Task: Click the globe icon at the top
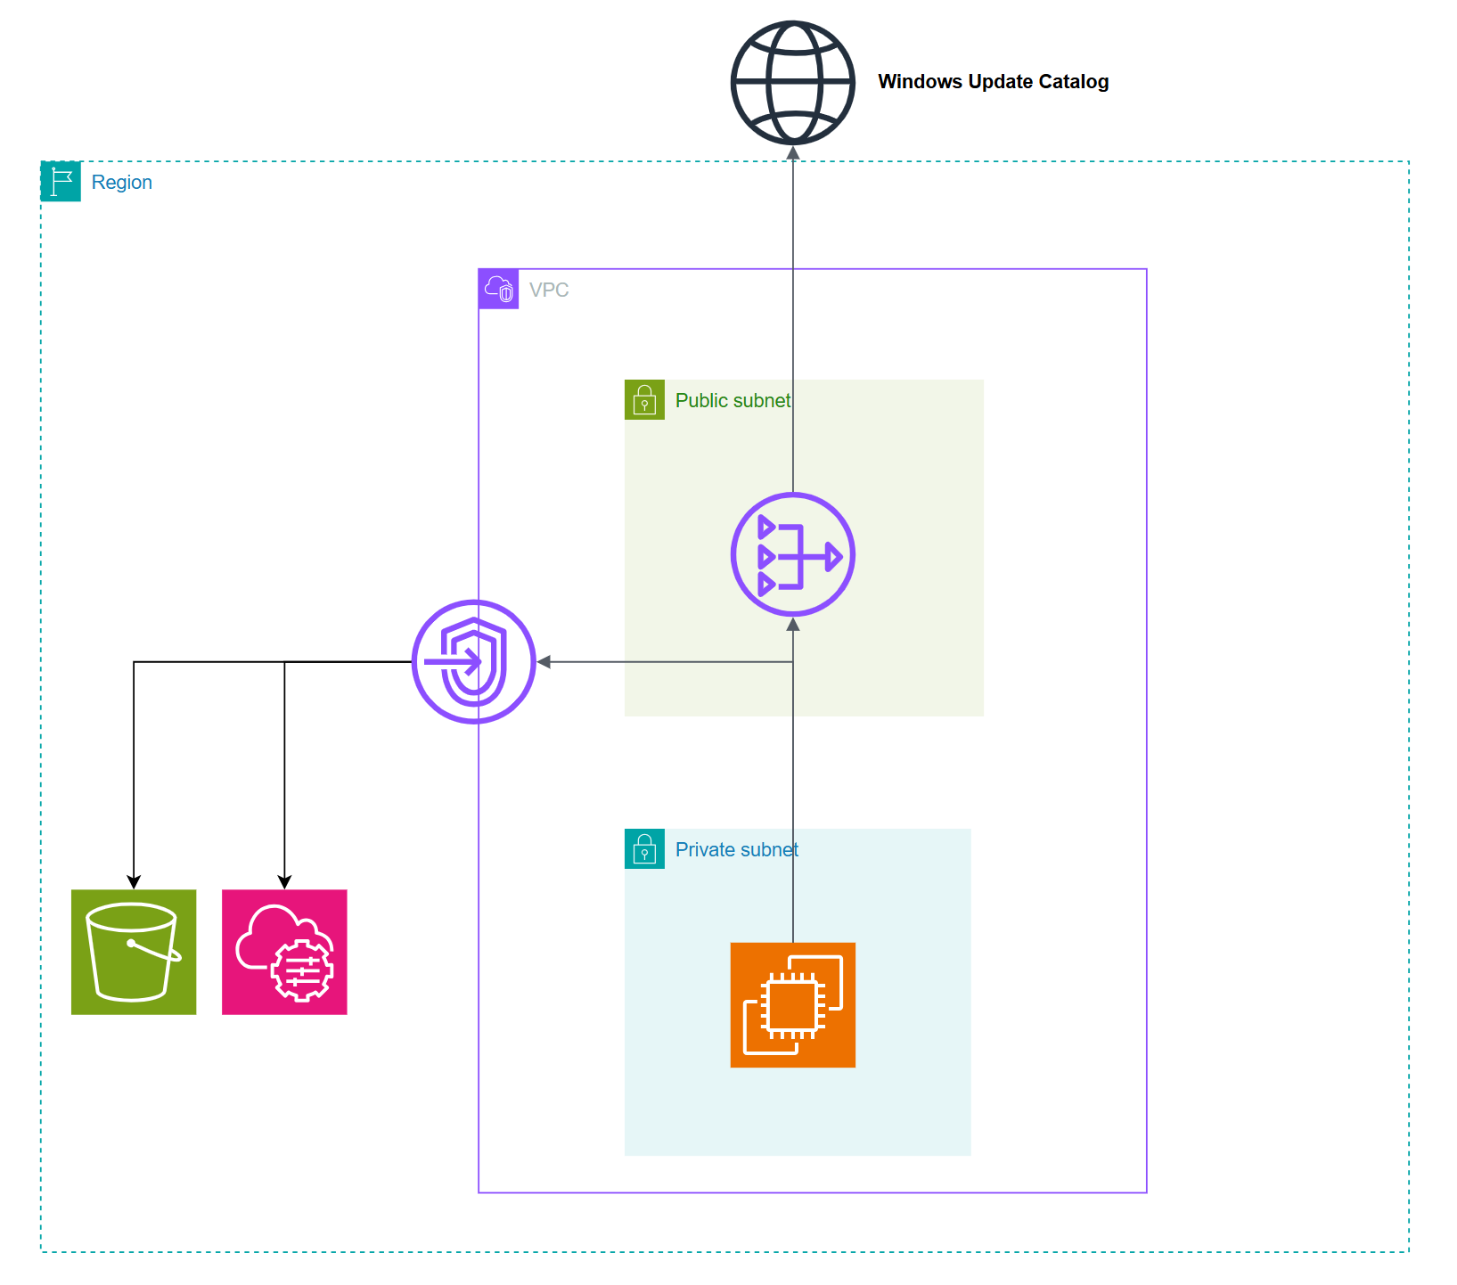[792, 83]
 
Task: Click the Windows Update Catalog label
[993, 82]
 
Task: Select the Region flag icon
[61, 182]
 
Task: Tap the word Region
[121, 183]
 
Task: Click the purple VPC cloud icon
[498, 289]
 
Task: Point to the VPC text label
[548, 290]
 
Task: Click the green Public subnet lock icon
[644, 400]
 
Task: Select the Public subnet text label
[733, 401]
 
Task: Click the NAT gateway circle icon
[792, 554]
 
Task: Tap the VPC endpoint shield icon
[474, 662]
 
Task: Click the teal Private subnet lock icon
[644, 849]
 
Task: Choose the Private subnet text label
[736, 850]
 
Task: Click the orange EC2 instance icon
[792, 1005]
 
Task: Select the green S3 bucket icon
[134, 952]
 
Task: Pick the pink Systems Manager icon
[284, 952]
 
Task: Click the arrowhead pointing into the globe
[792, 153]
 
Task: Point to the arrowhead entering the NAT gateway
[792, 625]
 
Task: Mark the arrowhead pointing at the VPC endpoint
[544, 662]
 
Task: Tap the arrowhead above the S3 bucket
[134, 881]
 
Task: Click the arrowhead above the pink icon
[284, 881]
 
